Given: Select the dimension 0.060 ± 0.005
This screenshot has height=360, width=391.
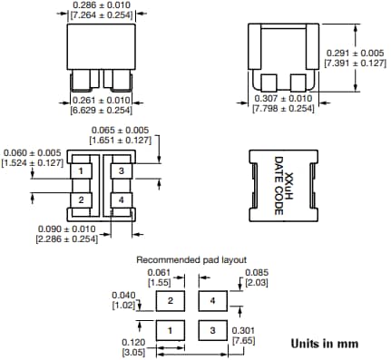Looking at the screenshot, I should click(33, 152).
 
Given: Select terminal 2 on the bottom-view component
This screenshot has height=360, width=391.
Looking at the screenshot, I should click(81, 199).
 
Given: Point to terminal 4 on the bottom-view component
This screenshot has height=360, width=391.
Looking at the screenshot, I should click(119, 199).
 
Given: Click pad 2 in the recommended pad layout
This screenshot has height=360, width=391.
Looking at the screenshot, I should click(170, 299).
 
